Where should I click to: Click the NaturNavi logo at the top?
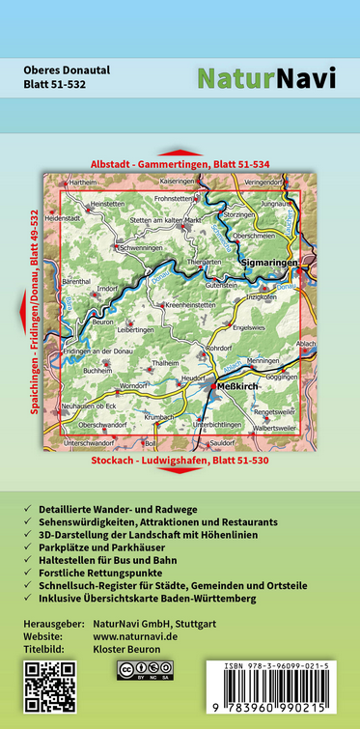tap(266, 78)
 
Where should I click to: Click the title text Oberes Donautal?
tap(68, 70)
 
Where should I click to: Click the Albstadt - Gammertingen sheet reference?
tap(180, 164)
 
